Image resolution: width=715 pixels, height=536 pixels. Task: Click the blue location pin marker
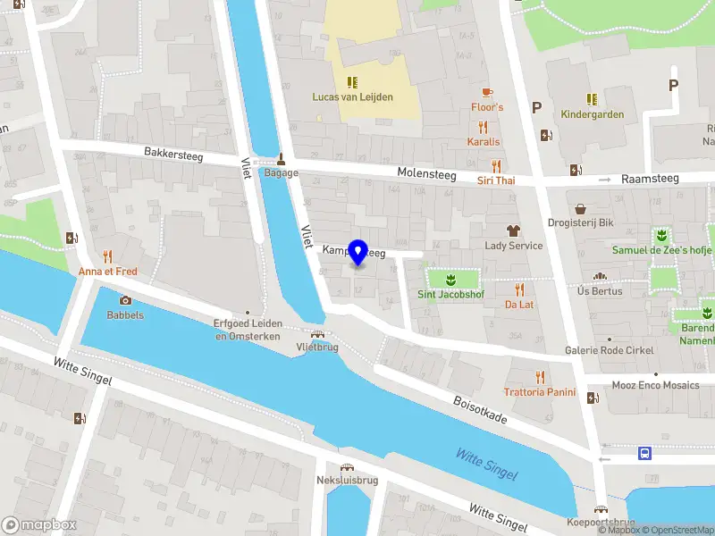coord(358,253)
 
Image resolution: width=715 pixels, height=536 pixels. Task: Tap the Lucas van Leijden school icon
coord(352,82)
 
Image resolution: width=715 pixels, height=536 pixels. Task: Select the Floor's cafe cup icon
coord(487,93)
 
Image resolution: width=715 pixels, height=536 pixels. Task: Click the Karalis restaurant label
coord(484,142)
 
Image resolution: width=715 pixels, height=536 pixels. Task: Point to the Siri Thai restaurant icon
coord(496,165)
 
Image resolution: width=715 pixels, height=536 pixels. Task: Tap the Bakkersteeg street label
coord(174,155)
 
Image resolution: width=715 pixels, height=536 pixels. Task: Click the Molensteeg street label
coord(426,172)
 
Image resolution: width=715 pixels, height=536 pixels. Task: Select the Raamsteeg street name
coord(650,179)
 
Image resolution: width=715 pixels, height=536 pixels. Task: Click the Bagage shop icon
coord(281,158)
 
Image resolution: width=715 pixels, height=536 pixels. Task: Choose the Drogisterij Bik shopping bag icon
coord(580,208)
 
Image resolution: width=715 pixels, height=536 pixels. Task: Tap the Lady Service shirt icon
coord(513,230)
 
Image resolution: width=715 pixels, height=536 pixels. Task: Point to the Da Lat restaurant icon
coord(519,289)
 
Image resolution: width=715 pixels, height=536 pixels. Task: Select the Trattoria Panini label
coord(538,392)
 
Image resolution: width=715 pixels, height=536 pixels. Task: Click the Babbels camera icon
coord(125,300)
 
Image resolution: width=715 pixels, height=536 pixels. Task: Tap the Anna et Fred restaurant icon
coord(108,255)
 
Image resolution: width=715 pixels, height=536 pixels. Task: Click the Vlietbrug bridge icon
coord(317,333)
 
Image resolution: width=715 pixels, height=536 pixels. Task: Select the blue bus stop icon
coord(644,454)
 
